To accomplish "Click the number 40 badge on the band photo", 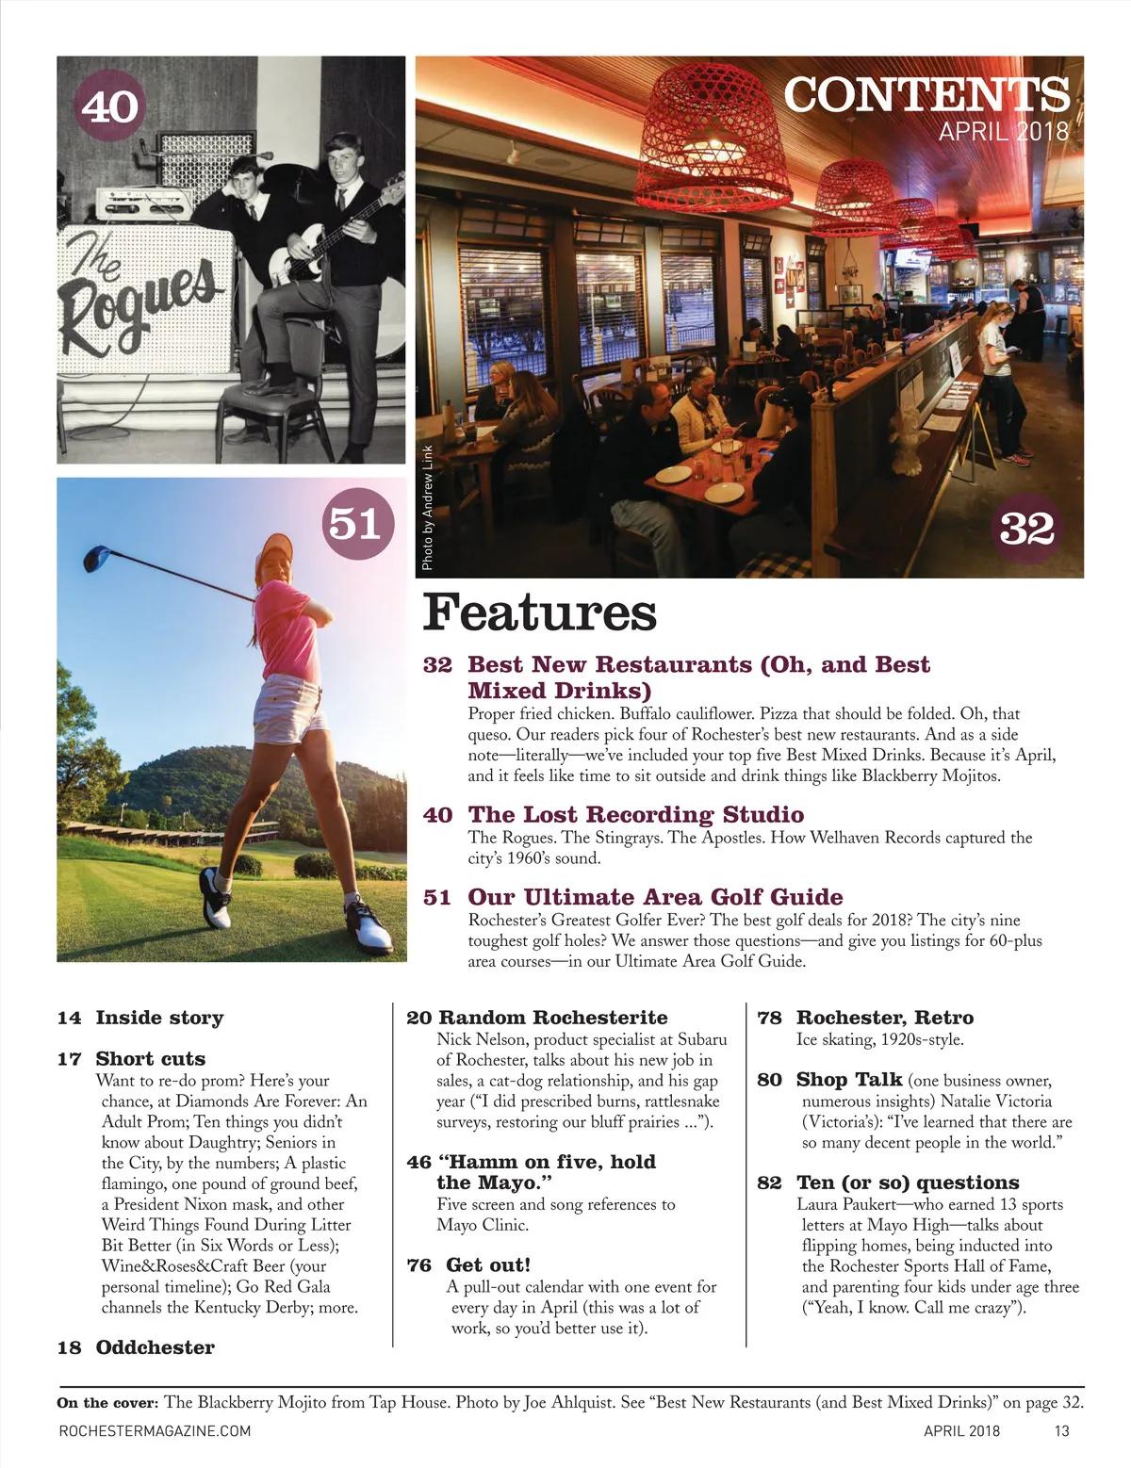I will pyautogui.click(x=109, y=107).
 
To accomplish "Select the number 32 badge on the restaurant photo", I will pyautogui.click(x=1026, y=529).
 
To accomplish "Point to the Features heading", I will pyautogui.click(x=539, y=612).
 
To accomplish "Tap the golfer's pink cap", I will pyautogui.click(x=274, y=546).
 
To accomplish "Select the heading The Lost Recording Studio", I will pyautogui.click(x=635, y=814).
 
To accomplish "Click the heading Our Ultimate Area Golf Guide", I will pyautogui.click(x=655, y=896).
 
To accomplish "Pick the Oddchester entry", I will pyautogui.click(x=155, y=1347).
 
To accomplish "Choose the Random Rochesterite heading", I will pyautogui.click(x=552, y=1018).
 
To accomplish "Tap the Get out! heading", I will pyautogui.click(x=488, y=1264).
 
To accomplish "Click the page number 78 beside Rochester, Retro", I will pyautogui.click(x=771, y=1018).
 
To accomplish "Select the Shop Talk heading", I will pyautogui.click(x=848, y=1080).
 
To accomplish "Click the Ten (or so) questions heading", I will pyautogui.click(x=907, y=1183).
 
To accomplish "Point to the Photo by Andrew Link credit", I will pyautogui.click(x=427, y=507).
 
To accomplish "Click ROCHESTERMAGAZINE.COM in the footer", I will pyautogui.click(x=155, y=1430).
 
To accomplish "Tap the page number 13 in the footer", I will pyautogui.click(x=1061, y=1430).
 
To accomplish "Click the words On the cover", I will pyautogui.click(x=107, y=1402).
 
